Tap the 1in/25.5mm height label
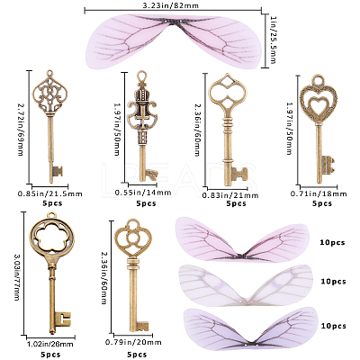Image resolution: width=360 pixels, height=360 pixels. [273, 40]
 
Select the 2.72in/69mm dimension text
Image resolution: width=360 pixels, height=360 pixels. [21, 130]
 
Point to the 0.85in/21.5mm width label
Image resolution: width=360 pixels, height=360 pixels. [49, 193]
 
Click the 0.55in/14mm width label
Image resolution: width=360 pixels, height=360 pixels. [143, 193]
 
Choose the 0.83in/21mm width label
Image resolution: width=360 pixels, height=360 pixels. [230, 195]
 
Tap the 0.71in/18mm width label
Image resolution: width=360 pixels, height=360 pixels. [319, 193]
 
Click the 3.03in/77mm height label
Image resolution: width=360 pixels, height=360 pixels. [16, 277]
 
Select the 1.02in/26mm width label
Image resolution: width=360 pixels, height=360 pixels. [50, 344]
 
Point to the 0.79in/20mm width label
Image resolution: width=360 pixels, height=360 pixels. [133, 342]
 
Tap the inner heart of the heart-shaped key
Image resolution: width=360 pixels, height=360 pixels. [318, 104]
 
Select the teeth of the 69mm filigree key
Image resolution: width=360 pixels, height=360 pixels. [58, 172]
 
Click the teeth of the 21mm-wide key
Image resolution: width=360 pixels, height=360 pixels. [240, 175]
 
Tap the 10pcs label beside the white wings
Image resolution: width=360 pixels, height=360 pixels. [333, 282]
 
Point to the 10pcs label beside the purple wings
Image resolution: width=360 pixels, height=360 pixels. [333, 326]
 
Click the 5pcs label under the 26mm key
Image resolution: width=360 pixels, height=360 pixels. [51, 355]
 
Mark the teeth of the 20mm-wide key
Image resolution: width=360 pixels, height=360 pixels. [142, 326]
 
